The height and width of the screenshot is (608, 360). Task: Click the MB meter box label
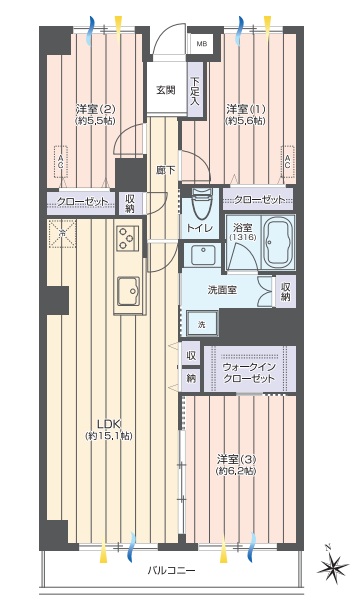201,44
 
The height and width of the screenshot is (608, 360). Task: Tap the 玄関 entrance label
165,90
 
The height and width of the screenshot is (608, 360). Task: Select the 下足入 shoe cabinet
194,91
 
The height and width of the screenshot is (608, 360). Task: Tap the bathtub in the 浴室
274,243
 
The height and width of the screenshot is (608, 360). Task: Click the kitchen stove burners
126,239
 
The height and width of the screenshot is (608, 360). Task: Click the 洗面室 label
221,289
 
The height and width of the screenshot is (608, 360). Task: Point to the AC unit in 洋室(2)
60,159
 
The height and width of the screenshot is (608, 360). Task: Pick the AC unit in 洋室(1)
288,159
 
